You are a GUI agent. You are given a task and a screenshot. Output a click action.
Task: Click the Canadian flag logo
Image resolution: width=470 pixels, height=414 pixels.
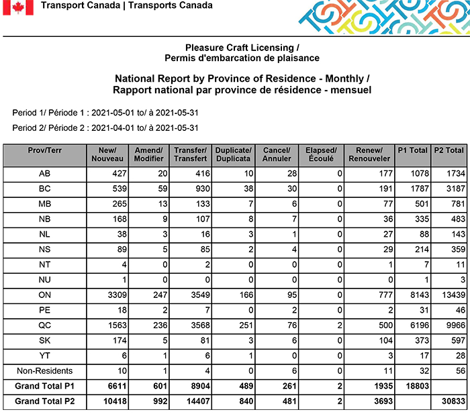[x=18, y=7]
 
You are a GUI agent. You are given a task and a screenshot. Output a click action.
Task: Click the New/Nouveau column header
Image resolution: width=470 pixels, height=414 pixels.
[x=107, y=154]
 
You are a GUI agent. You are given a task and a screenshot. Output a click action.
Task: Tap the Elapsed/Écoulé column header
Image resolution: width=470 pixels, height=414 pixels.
[x=320, y=154]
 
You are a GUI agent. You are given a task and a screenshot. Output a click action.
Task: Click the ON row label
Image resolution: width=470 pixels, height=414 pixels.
[x=45, y=294]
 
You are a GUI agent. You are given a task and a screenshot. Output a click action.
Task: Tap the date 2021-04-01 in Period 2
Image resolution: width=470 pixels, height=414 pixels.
[x=114, y=127]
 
